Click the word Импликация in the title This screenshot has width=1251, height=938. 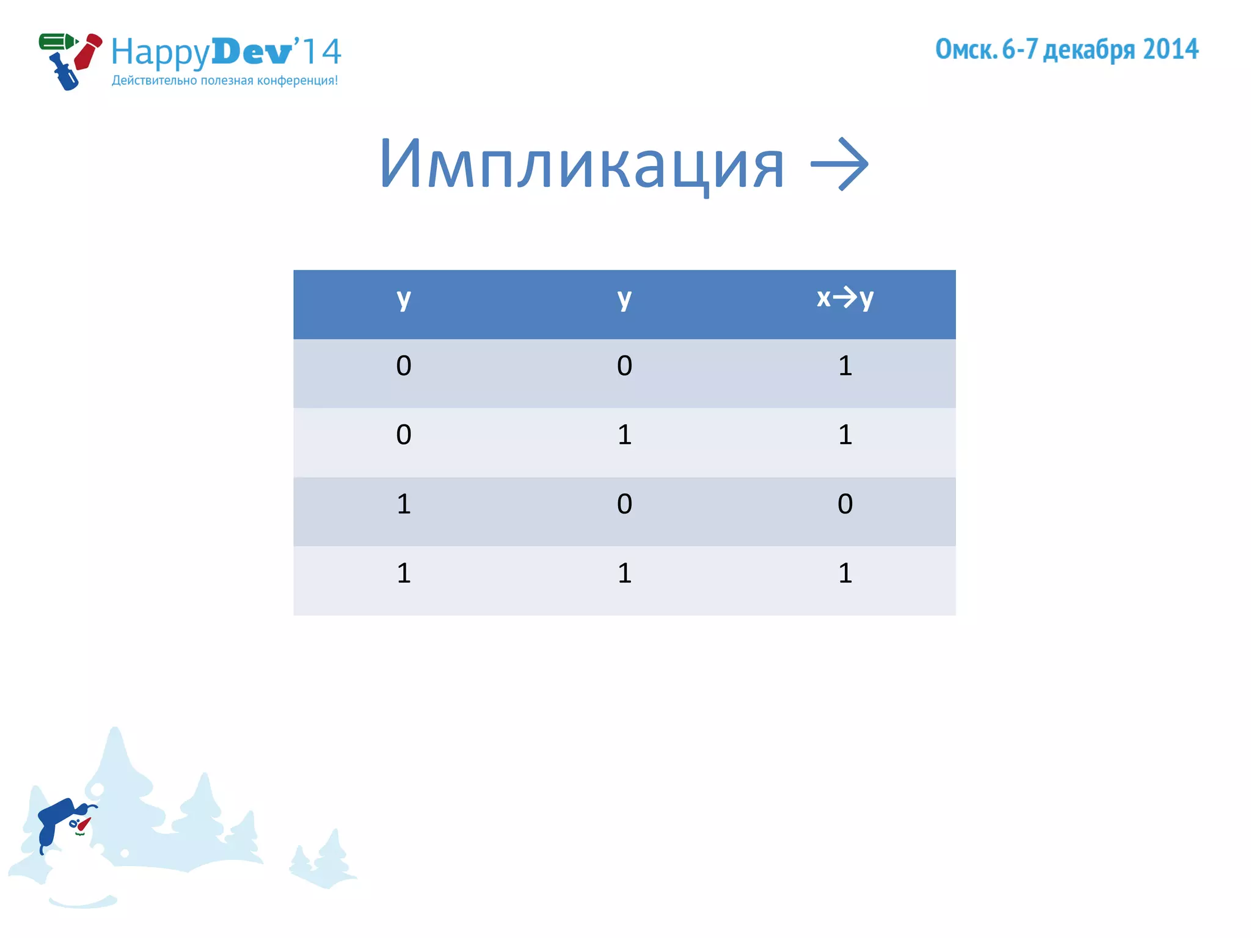click(x=581, y=164)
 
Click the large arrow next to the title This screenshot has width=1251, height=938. click(x=839, y=164)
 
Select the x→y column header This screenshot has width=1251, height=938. click(x=845, y=298)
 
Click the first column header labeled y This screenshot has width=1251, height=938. click(x=404, y=299)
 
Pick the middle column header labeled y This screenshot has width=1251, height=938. click(x=624, y=299)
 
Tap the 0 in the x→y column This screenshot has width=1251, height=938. click(x=845, y=504)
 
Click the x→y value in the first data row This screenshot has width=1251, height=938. click(x=845, y=366)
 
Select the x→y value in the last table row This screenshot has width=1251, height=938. click(x=845, y=573)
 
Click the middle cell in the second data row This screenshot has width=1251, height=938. click(x=624, y=435)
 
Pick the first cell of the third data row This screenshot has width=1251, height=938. click(x=404, y=504)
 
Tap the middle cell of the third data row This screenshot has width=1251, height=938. click(x=624, y=504)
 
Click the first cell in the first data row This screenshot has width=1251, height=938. click(x=404, y=366)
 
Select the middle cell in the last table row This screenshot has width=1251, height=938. click(x=624, y=573)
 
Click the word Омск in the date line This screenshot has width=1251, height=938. click(x=965, y=49)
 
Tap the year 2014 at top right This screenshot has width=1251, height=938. click(x=1170, y=49)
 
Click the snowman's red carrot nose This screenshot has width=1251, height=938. click(x=84, y=824)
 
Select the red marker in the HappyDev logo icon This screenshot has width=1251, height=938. click(x=87, y=52)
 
